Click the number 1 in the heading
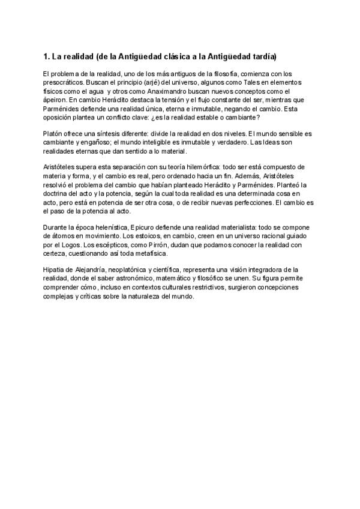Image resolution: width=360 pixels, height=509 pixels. tap(46, 57)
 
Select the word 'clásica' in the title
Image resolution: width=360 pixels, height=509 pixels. tap(178, 57)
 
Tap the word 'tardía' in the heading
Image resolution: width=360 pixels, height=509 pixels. tap(263, 57)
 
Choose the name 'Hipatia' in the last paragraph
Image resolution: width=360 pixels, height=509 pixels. tap(55, 270)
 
